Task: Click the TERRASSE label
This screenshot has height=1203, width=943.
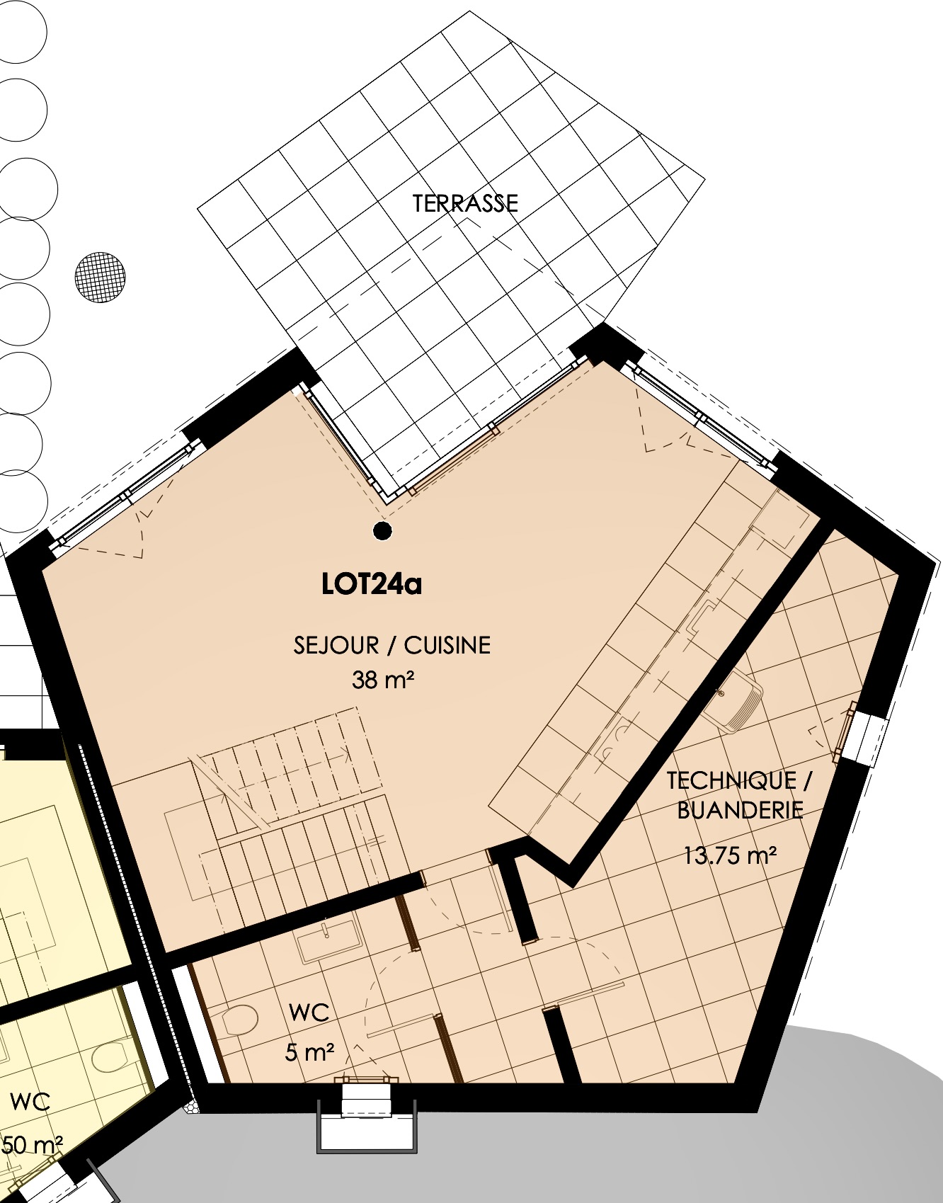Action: (465, 204)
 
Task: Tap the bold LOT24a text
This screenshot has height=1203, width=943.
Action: (372, 585)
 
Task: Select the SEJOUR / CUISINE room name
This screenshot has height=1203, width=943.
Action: (392, 646)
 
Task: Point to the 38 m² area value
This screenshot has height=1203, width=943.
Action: (382, 680)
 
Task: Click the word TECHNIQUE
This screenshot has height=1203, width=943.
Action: (731, 781)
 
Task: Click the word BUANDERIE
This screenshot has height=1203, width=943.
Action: (740, 810)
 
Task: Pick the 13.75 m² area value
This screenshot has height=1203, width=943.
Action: (730, 855)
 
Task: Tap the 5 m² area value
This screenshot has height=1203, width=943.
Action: (309, 1052)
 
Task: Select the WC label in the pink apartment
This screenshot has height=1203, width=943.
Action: (309, 1013)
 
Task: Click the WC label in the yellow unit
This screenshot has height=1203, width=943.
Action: (30, 1102)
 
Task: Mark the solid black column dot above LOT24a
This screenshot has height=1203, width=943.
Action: (382, 530)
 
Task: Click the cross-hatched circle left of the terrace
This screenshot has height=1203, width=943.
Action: (101, 278)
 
